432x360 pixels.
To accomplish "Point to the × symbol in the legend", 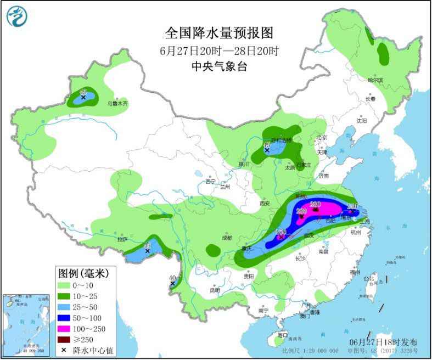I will pos(65,350).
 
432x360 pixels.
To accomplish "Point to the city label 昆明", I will pos(214,290).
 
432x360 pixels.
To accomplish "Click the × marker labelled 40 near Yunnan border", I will pos(172,283).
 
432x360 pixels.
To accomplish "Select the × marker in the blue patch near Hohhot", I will pos(267,149).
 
